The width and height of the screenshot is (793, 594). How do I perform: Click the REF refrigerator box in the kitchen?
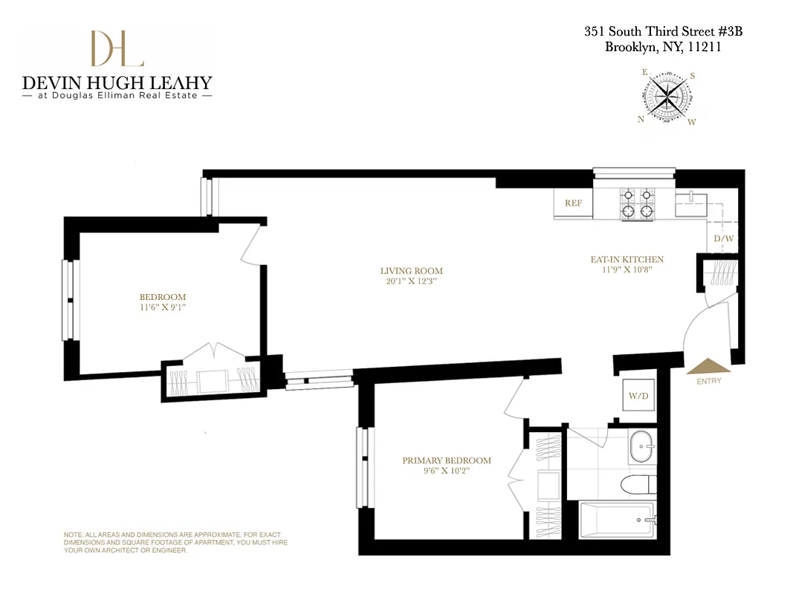(572, 203)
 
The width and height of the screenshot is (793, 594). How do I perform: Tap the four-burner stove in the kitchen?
(637, 203)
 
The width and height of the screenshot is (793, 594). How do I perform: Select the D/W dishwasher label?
(723, 239)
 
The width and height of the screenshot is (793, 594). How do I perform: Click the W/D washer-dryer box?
(638, 396)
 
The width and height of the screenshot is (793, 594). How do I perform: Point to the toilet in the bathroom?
(638, 484)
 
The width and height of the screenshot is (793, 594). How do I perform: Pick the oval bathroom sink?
(641, 448)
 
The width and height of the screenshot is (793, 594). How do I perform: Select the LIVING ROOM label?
(411, 271)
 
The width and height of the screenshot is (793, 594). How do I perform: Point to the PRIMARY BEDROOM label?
(447, 460)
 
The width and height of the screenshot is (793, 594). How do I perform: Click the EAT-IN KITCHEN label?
(627, 260)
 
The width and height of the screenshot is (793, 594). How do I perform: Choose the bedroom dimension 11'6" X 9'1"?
(163, 307)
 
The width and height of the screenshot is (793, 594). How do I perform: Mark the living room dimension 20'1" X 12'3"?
(411, 281)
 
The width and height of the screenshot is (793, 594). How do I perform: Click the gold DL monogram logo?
(117, 49)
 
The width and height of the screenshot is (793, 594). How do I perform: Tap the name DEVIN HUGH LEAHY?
(117, 82)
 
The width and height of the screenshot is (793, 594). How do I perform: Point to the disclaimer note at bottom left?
(175, 543)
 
